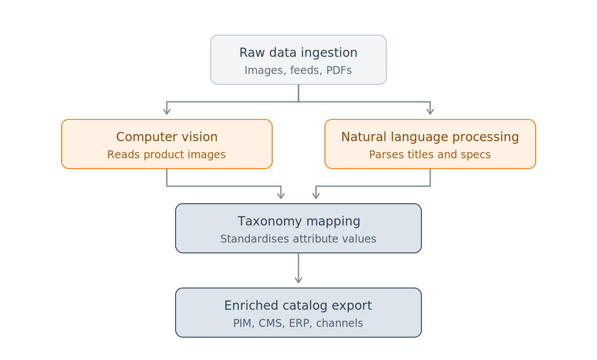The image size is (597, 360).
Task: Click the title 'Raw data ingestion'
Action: tap(298, 53)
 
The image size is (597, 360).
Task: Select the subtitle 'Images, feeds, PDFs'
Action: tap(298, 70)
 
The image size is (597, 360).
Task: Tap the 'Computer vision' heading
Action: tap(167, 137)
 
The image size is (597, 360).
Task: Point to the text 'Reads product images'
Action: tap(166, 155)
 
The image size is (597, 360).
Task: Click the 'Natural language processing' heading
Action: tap(430, 137)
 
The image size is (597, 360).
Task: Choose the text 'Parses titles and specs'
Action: tap(430, 155)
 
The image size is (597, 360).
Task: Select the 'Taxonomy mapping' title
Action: tap(299, 221)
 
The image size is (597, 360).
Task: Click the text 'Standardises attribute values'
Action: tap(298, 239)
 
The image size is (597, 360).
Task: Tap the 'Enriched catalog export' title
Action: tap(298, 306)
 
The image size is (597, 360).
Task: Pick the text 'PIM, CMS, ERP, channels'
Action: tap(298, 323)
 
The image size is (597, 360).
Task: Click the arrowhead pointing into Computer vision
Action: tap(167, 112)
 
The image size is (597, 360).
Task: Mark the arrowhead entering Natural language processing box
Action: tap(430, 112)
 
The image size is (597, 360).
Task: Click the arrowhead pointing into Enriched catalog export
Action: tap(298, 280)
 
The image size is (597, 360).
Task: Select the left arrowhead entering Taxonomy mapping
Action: tap(281, 196)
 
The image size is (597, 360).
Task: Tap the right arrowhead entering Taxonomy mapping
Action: tap(316, 196)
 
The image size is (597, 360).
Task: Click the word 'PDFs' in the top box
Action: tap(339, 70)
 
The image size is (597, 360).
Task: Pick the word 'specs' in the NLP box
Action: tap(477, 155)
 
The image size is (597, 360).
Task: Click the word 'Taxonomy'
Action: tap(270, 221)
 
